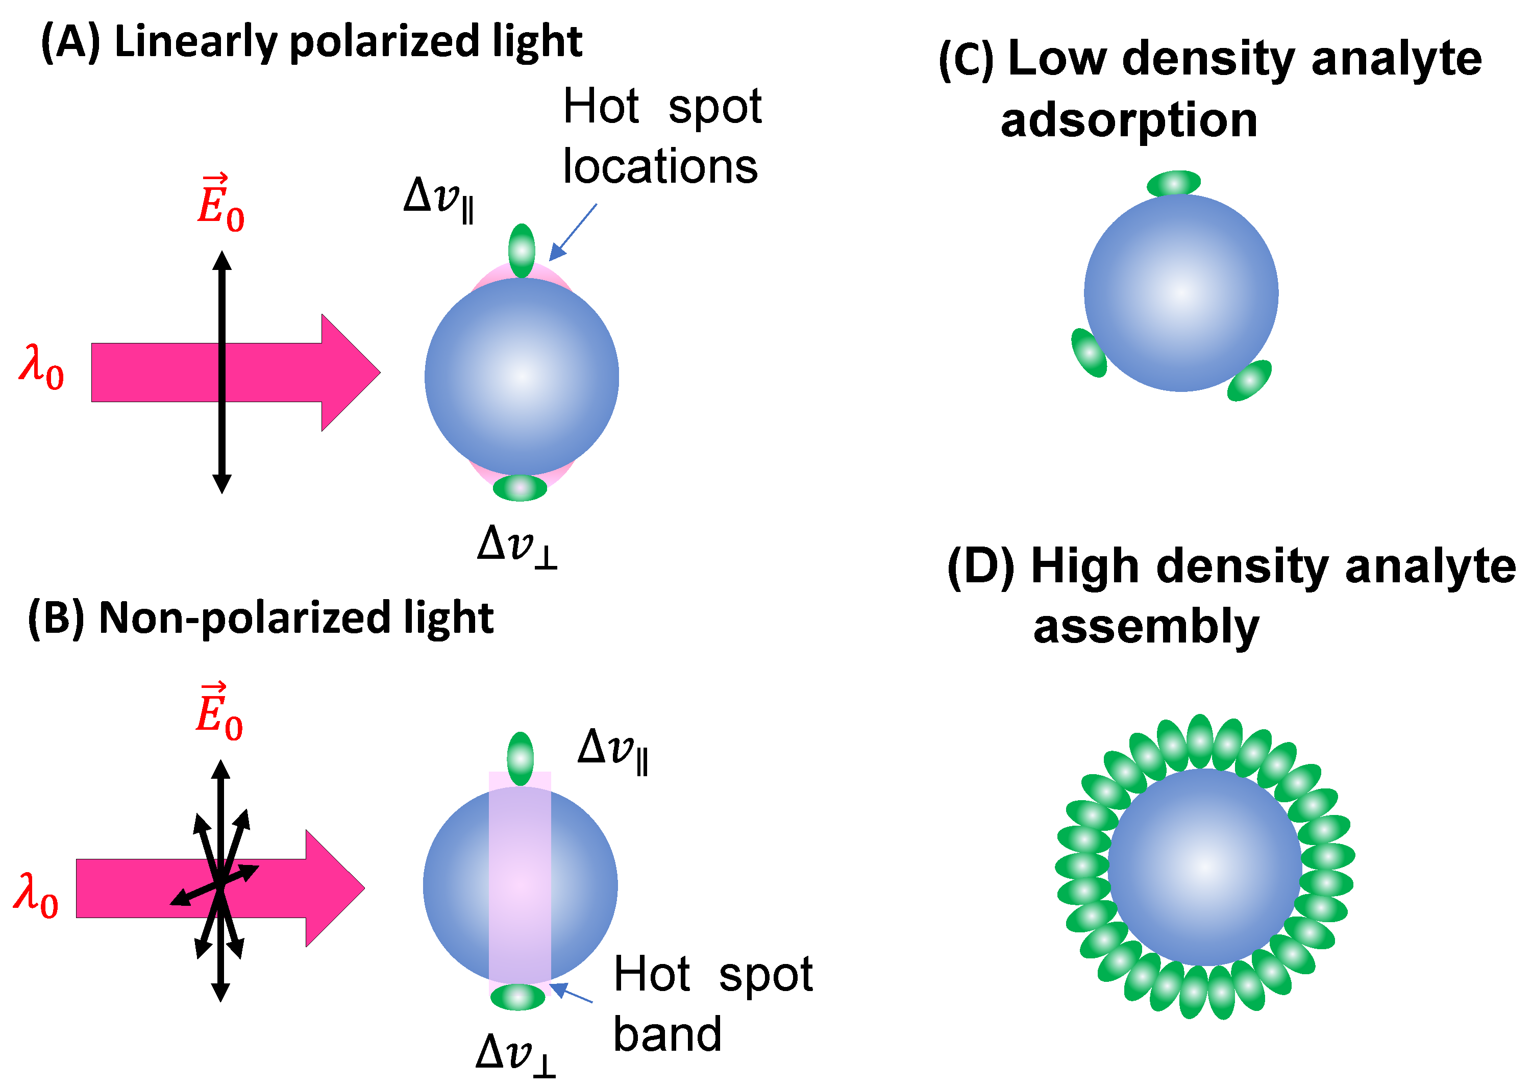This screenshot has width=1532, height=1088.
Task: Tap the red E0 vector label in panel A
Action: [x=220, y=204]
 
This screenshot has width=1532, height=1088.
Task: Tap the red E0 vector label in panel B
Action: [x=219, y=713]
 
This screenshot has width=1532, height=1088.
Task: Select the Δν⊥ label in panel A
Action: [x=516, y=546]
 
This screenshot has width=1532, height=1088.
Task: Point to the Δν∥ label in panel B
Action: [x=612, y=750]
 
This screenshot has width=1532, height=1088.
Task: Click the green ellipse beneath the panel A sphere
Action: [x=520, y=488]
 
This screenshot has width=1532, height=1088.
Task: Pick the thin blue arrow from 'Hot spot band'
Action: [x=571, y=993]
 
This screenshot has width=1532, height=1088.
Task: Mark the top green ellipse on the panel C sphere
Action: [x=1174, y=183]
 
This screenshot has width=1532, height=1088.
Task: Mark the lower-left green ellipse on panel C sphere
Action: [x=1089, y=353]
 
